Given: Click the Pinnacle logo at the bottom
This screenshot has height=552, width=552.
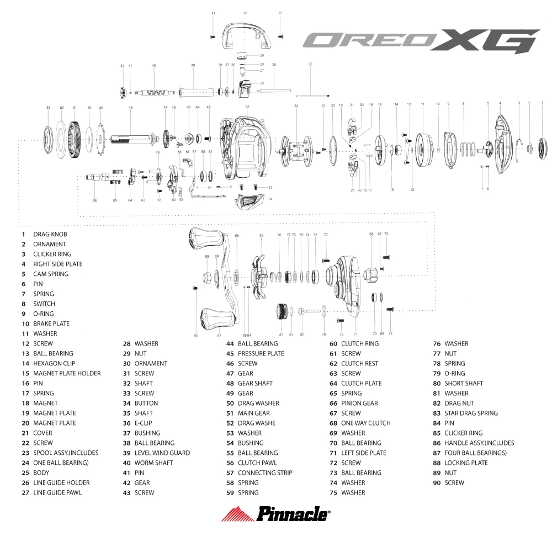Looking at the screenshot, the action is [276, 513].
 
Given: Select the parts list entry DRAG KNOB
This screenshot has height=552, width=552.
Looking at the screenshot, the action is [50, 235].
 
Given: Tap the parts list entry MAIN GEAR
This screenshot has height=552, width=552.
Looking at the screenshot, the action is [254, 413].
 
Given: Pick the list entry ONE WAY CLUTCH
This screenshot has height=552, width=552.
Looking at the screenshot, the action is [366, 423].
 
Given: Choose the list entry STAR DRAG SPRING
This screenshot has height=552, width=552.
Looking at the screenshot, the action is [471, 413].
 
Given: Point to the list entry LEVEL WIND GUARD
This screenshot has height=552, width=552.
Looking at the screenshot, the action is [162, 453].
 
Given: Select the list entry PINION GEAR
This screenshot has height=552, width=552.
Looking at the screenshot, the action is [359, 404].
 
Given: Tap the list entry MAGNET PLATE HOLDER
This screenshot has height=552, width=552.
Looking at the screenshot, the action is [67, 374].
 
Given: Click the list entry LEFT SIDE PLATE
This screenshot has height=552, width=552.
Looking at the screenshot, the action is [364, 453].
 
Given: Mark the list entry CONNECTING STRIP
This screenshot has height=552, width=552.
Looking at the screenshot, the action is [265, 473].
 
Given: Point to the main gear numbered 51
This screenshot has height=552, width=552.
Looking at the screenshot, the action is [75, 140].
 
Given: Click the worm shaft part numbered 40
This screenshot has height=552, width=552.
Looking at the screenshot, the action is [155, 93].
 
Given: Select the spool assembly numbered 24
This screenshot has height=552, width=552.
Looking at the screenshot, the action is [296, 151].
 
